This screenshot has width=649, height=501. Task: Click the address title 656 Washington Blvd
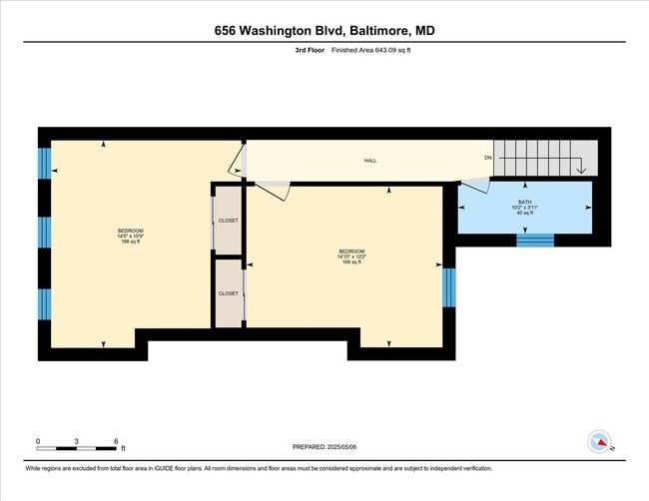[324, 31]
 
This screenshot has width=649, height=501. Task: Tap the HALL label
[369, 160]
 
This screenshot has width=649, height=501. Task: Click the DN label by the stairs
[488, 158]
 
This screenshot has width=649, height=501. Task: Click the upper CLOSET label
[229, 220]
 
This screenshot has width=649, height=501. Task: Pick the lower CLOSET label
[229, 293]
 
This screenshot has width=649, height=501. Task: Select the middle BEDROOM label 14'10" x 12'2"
[350, 255]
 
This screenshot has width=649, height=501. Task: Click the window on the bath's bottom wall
[534, 240]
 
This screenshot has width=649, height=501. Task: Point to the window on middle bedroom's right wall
[448, 287]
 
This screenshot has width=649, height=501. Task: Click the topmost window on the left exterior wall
[44, 163]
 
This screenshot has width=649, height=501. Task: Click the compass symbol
[599, 442]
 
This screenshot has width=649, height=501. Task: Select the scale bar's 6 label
[117, 440]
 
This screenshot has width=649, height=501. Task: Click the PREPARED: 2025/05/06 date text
[325, 447]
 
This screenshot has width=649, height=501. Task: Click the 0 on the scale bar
[38, 440]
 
